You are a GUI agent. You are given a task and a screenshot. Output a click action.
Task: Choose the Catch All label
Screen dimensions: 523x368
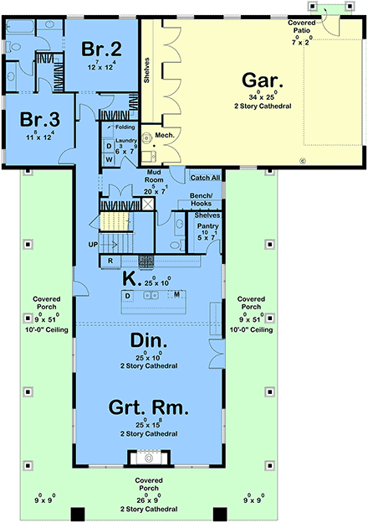click(206, 178)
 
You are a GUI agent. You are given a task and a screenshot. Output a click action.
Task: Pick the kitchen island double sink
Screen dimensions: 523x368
click(152, 295)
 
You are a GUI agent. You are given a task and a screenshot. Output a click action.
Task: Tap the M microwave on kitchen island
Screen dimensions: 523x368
click(177, 295)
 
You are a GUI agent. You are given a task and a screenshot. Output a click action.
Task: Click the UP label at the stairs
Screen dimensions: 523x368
click(94, 245)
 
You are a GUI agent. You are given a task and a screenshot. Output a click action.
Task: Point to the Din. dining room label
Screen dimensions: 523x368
click(150, 341)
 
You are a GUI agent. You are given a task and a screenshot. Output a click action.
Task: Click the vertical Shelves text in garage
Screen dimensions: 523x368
click(146, 70)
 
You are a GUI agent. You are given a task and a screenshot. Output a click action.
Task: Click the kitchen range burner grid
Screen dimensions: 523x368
click(146, 260)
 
